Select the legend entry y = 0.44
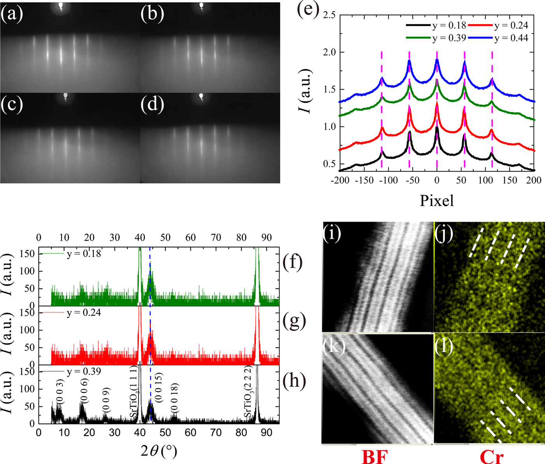pyautogui.click(x=511, y=38)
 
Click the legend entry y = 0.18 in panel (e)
pyautogui.click(x=449, y=26)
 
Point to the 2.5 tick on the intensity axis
pyautogui.click(x=329, y=16)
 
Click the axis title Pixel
pyautogui.click(x=436, y=200)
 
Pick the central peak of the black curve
pyautogui.click(x=437, y=128)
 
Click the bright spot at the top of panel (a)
pyautogui.click(x=61, y=5)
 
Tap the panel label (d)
pyautogui.click(x=152, y=104)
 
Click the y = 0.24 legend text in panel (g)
pyautogui.click(x=84, y=312)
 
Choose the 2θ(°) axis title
pyautogui.click(x=158, y=451)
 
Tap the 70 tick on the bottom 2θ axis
pyautogui.click(x=216, y=433)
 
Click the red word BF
pyautogui.click(x=374, y=457)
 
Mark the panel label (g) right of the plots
pyautogui.click(x=294, y=321)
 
